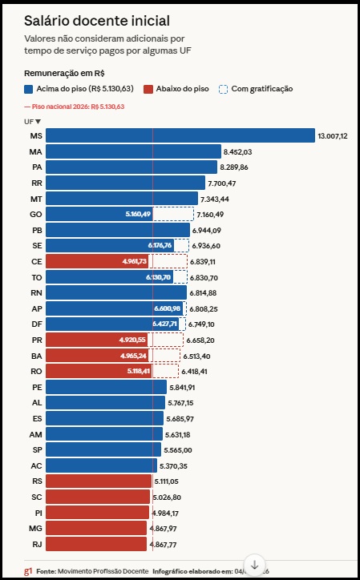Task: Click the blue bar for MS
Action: coord(180,136)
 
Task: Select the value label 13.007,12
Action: coord(332,136)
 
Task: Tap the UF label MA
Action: coord(35,151)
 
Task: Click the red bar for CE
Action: coord(97,261)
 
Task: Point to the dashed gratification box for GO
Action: coord(173,214)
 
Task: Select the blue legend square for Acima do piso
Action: coord(29,89)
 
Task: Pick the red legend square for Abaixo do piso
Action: coord(148,89)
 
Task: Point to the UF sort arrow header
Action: coord(32,121)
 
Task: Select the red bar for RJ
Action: coord(97,544)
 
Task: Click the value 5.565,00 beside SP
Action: coord(180,449)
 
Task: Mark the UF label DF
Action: coord(35,324)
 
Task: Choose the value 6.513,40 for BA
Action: coord(197,356)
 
